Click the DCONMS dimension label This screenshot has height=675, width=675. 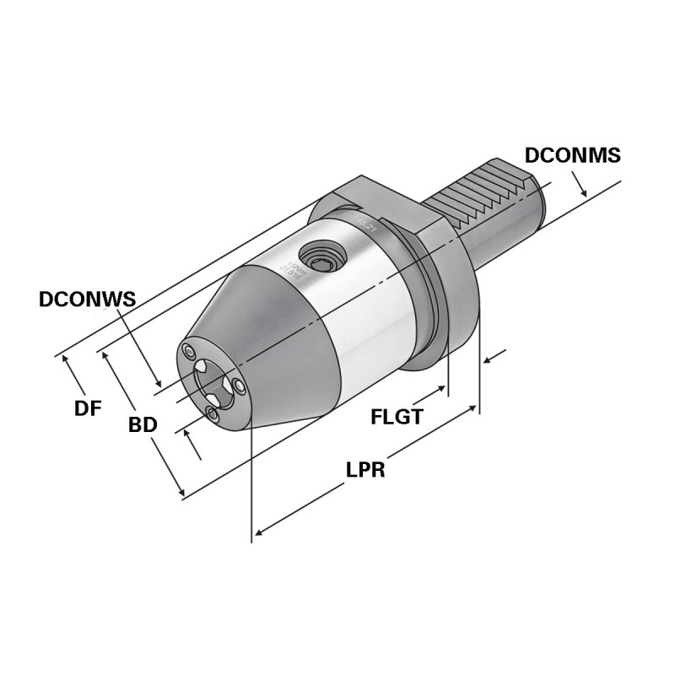[572, 155]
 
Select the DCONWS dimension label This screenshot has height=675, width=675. [89, 300]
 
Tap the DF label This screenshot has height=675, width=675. [87, 409]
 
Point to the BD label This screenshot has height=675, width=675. [143, 425]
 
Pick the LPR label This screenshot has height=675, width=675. [365, 470]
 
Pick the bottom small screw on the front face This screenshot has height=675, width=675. [212, 413]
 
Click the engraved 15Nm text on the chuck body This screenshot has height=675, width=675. [294, 269]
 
